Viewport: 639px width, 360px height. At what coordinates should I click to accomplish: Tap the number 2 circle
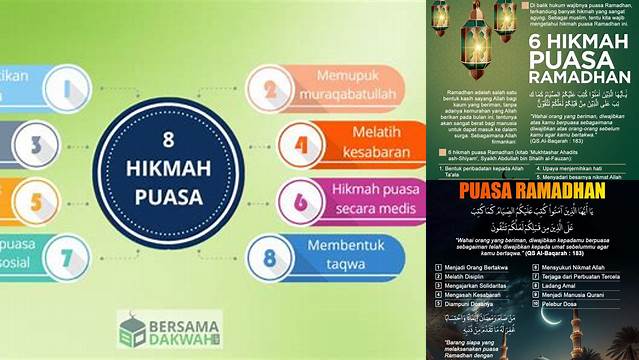click(x=268, y=90)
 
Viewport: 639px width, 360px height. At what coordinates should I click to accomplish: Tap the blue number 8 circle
click(x=268, y=256)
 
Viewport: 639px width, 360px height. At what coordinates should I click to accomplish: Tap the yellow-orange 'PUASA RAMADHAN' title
click(x=534, y=189)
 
